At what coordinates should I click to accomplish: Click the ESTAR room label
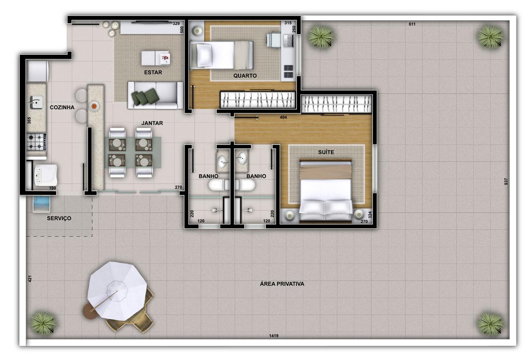point(153,73)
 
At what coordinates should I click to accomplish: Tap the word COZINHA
point(62,107)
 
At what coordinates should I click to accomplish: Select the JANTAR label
point(152,123)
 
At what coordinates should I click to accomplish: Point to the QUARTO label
point(245,76)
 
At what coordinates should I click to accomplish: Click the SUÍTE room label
point(326,152)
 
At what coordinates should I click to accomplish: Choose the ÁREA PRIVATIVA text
point(282,284)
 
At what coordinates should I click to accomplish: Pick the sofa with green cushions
point(155,96)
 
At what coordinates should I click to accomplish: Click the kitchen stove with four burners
point(37,142)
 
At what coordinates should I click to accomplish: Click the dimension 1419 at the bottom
point(273,336)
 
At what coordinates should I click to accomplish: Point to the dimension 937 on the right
point(506,181)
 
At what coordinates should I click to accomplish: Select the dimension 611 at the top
point(412,24)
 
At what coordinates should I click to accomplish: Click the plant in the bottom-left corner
point(43,322)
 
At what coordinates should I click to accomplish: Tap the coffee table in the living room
point(155,57)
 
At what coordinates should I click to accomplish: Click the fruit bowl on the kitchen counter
point(94,106)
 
